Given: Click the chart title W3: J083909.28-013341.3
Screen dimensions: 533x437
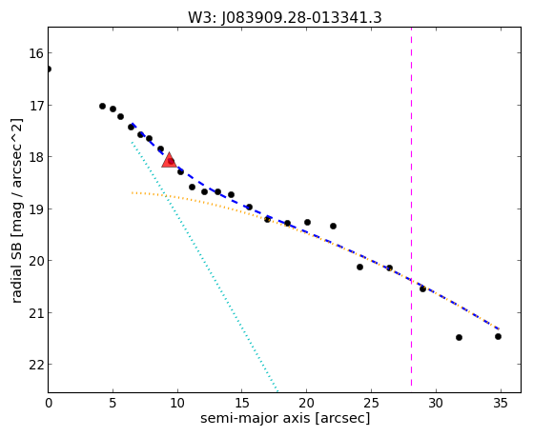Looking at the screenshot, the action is (285, 17).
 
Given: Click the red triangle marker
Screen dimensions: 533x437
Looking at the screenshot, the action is (169, 161).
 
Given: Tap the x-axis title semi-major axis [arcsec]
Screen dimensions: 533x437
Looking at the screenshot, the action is (285, 418).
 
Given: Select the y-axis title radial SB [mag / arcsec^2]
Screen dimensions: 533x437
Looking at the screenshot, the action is (17, 210).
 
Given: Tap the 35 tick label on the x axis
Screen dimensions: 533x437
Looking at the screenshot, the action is (500, 404).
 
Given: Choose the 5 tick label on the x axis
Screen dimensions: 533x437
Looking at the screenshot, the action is (113, 404).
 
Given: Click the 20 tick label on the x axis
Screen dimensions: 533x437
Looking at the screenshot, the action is (306, 404).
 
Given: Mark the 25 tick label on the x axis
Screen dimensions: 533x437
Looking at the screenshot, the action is (371, 404).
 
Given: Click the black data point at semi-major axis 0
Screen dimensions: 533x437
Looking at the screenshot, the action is (49, 70).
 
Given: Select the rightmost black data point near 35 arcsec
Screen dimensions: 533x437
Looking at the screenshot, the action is (498, 336).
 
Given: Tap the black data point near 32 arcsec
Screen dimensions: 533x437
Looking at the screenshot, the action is (459, 338).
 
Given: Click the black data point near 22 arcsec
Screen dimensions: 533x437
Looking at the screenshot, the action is (333, 227).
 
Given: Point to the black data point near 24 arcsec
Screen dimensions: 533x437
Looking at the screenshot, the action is (359, 268).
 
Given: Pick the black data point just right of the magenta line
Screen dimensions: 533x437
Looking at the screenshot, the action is (422, 289).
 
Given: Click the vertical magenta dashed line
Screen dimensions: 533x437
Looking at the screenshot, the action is (411, 208).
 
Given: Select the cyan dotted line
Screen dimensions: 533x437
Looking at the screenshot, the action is (205, 266).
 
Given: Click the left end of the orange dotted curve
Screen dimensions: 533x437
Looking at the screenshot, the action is (133, 193).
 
